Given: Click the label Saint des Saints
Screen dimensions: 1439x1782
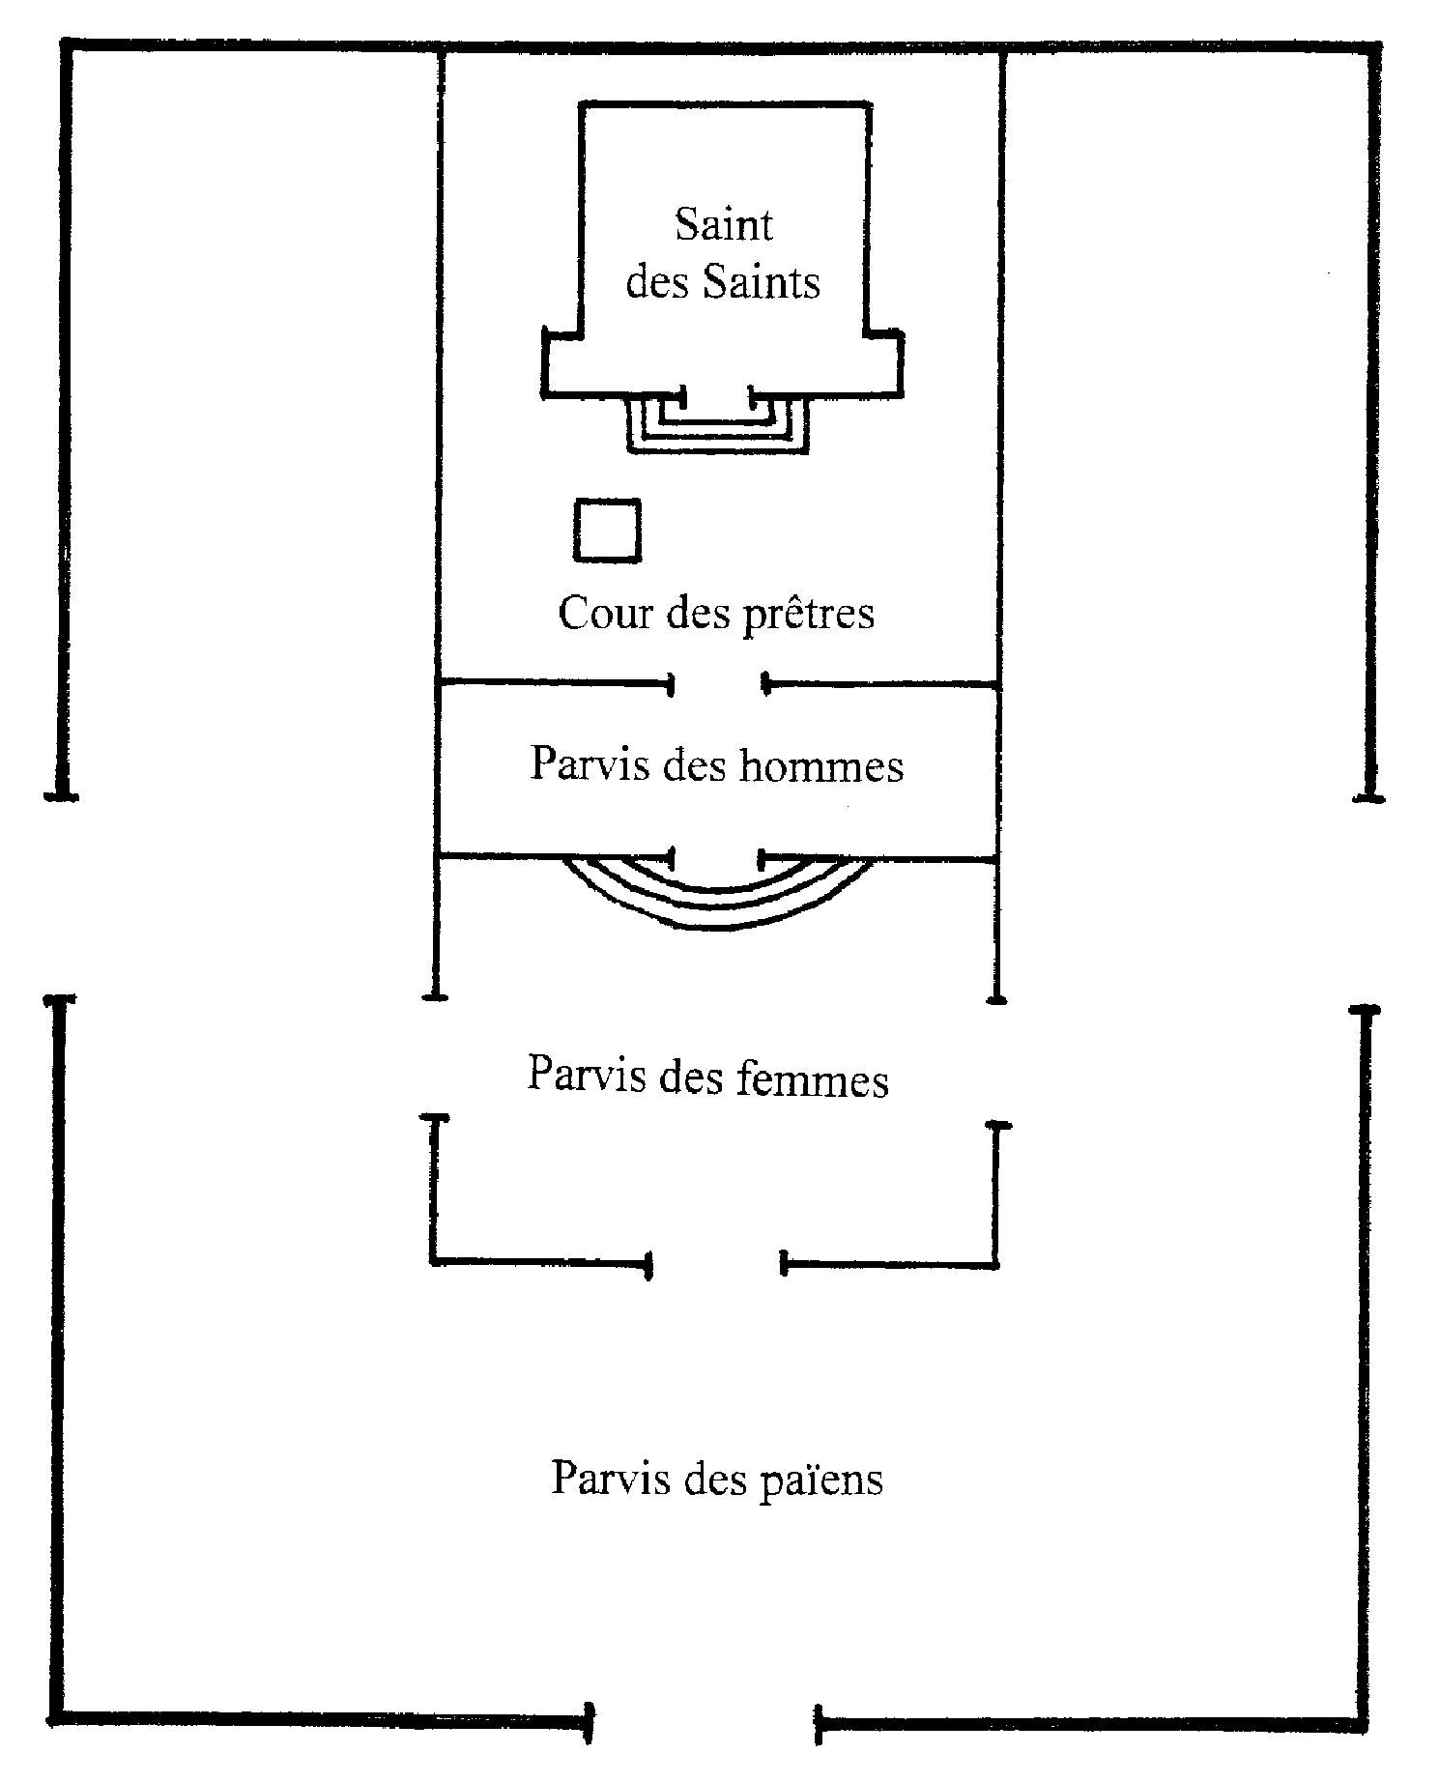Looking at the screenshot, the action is click(x=723, y=253).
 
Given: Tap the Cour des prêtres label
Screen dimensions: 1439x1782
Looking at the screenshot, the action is click(x=716, y=614).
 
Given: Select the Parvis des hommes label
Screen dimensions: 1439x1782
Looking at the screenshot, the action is click(x=717, y=765).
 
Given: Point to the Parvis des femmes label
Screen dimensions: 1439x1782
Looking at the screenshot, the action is click(x=707, y=1077).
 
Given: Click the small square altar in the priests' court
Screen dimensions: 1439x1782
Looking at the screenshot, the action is click(x=607, y=530).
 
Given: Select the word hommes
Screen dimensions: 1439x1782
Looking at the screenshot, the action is click(x=821, y=766).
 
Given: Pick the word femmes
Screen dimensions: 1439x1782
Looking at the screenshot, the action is click(x=811, y=1078).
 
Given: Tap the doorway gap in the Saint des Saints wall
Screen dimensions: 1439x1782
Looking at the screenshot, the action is click(x=716, y=394).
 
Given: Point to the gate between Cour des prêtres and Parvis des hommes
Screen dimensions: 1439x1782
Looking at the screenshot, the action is click(x=718, y=685).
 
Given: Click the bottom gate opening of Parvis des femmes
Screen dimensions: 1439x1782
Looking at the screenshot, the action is click(x=715, y=1263).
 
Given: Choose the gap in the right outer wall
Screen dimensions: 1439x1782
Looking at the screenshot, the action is click(x=1367, y=904).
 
